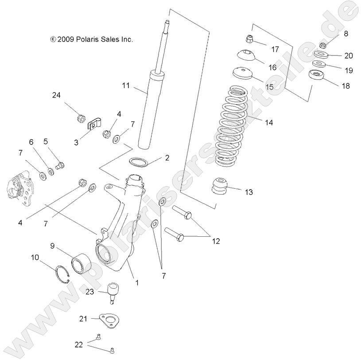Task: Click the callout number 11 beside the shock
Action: (x=126, y=86)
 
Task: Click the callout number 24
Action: (x=56, y=95)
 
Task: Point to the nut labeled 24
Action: (x=81, y=118)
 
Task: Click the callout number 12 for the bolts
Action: (x=216, y=241)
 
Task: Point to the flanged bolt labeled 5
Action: (x=61, y=167)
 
